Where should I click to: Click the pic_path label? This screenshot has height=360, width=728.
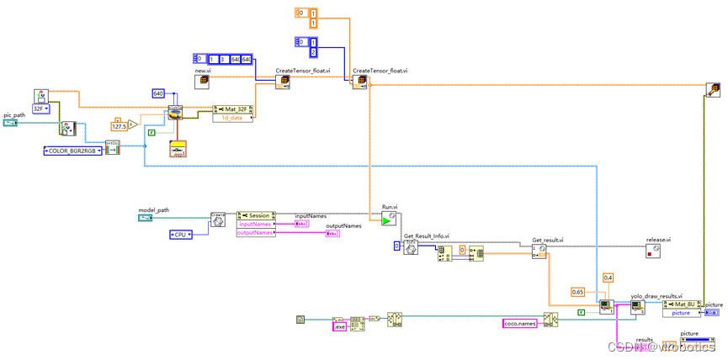tap(15, 114)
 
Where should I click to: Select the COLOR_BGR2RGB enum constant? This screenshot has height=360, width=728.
tap(72, 151)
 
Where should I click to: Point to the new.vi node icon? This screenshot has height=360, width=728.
tap(203, 82)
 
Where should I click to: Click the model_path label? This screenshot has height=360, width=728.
tap(153, 209)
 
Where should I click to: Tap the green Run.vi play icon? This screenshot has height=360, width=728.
tap(388, 220)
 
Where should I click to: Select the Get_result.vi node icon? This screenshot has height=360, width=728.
tap(539, 251)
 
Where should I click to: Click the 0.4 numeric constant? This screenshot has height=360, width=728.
tap(608, 277)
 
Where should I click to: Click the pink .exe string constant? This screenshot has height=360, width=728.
tap(340, 326)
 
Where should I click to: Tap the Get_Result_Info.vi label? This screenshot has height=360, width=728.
tap(427, 236)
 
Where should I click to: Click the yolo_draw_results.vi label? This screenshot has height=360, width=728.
tap(656, 296)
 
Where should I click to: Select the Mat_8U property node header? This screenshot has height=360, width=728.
tap(682, 304)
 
